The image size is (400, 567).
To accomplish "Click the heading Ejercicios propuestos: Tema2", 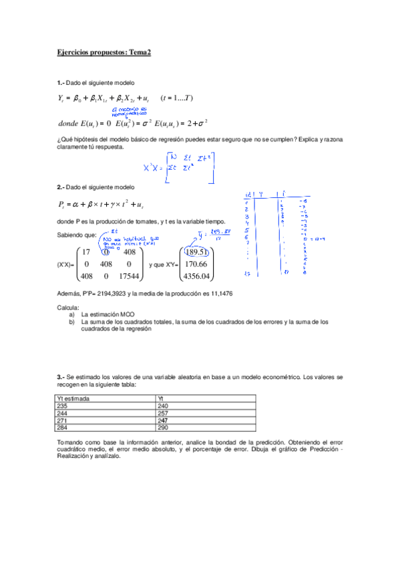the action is (104, 51).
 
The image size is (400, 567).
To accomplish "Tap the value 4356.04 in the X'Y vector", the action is (198, 275).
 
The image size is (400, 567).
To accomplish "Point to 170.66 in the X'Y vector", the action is (198, 264).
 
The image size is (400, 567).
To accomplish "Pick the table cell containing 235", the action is (63, 406).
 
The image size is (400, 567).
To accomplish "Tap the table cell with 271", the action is (63, 419).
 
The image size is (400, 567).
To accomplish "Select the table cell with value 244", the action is (63, 413).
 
